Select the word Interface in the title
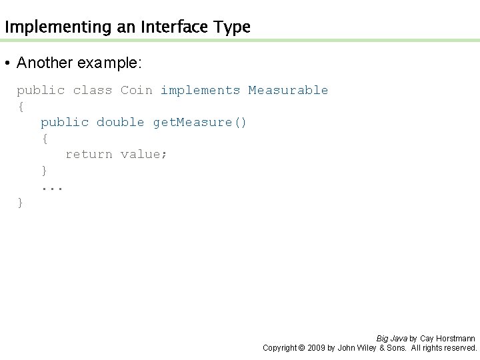(x=157, y=27)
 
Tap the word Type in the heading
(x=233, y=27)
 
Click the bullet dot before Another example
(x=6, y=63)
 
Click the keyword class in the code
(x=93, y=90)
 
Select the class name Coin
(x=137, y=90)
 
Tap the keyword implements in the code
(x=200, y=90)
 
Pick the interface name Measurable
(x=288, y=90)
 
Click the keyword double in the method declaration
(x=120, y=122)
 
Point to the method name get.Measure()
(x=200, y=122)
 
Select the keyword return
(x=89, y=154)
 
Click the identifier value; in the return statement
(x=144, y=154)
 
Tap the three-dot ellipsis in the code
(x=52, y=187)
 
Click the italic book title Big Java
(x=391, y=339)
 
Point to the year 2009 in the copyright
(x=317, y=348)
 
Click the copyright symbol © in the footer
(x=301, y=348)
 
